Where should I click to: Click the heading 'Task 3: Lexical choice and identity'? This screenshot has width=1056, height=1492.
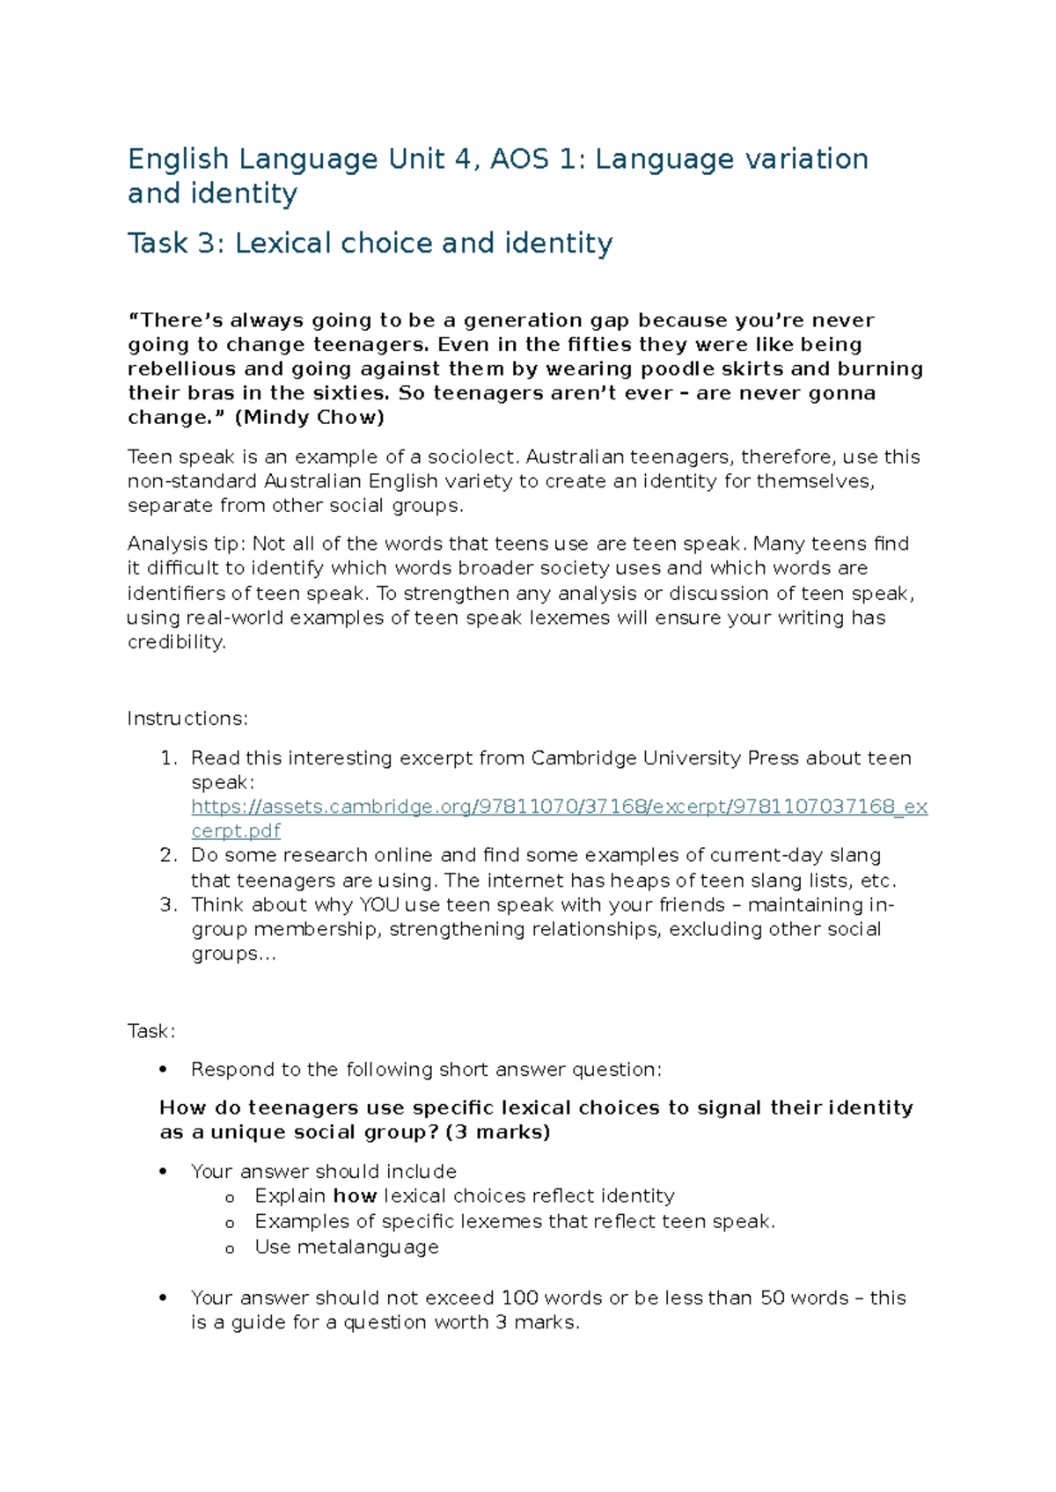coord(370,243)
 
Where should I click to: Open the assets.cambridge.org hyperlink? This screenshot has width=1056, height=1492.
coord(559,807)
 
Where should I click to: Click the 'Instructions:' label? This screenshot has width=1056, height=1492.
coord(187,719)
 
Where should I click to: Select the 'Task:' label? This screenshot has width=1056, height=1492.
coord(151,1031)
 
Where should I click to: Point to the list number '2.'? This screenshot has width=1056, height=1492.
coord(169,855)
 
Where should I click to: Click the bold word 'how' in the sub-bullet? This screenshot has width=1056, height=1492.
coord(355,1196)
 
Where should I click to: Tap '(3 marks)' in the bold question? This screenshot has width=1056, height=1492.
coord(498,1132)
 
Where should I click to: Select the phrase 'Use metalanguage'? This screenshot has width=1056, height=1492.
coord(347,1247)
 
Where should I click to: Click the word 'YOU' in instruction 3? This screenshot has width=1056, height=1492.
coord(379,905)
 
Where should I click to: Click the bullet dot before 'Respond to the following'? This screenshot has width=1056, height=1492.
coord(163,1071)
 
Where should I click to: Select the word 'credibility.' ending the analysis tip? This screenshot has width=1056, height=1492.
coord(177,642)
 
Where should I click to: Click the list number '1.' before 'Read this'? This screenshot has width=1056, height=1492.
coord(169,758)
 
